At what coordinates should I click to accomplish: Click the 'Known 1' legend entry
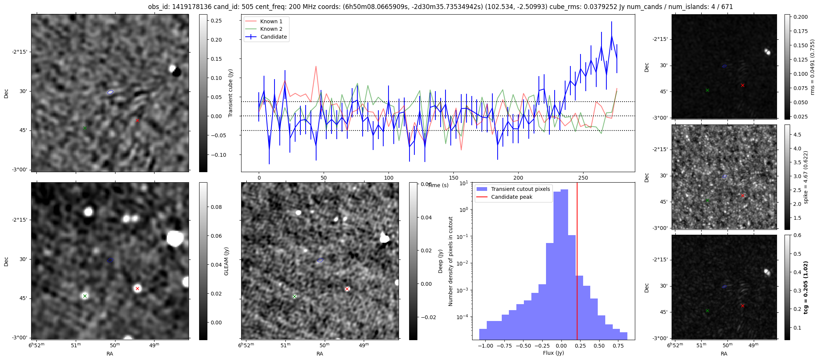pos(271,21)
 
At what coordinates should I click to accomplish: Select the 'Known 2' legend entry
pos(271,29)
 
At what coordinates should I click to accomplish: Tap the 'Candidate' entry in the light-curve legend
pos(273,37)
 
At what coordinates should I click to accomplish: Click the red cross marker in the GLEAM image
pos(137,288)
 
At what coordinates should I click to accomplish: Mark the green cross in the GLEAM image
pos(85,296)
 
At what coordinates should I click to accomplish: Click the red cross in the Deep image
pos(347,289)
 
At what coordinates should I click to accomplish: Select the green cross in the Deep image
pos(294,296)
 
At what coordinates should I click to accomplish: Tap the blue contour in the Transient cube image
pos(110,92)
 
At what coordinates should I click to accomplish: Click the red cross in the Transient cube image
pos(137,120)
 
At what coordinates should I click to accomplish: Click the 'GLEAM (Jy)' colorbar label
pos(226,261)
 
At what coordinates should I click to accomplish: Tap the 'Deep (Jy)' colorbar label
pos(441,261)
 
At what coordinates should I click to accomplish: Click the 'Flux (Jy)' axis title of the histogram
pos(553,353)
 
